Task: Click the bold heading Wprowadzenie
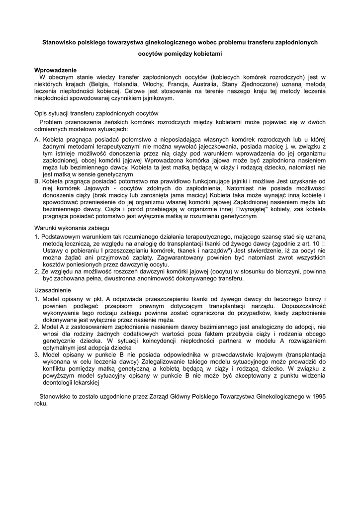[x=55, y=70]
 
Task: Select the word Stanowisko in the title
[x=60, y=43]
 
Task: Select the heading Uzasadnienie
[x=53, y=290]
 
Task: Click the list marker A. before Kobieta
[x=37, y=140]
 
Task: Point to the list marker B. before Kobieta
[x=37, y=181]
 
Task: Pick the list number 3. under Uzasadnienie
[x=37, y=355]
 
